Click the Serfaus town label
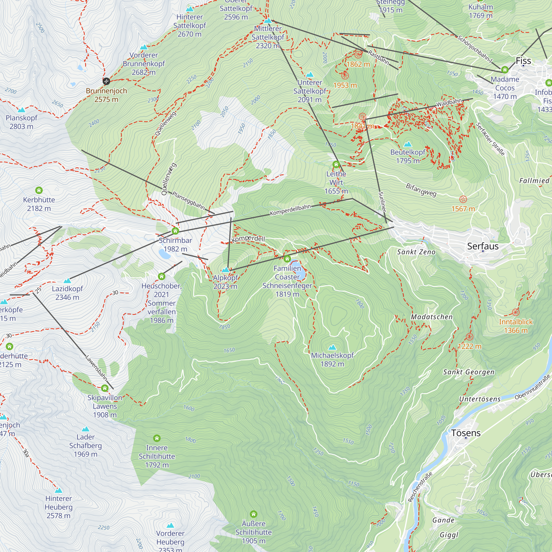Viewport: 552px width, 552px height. [x=482, y=246]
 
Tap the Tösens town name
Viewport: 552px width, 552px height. [x=466, y=433]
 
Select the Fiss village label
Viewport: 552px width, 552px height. [x=523, y=61]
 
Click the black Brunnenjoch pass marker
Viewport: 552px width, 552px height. [x=106, y=81]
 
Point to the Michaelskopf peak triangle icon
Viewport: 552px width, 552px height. [x=332, y=347]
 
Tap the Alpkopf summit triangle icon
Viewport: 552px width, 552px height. [x=225, y=270]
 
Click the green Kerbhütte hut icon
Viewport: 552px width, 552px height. [x=39, y=190]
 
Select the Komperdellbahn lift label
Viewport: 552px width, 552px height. [x=290, y=210]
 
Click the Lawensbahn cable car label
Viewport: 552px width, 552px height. [x=96, y=368]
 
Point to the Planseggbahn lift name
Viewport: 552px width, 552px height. [x=188, y=200]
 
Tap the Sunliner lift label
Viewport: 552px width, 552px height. [x=382, y=202]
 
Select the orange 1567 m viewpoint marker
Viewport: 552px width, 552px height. [x=463, y=200]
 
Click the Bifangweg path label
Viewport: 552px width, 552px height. [x=421, y=190]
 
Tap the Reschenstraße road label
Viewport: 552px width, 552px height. [x=420, y=487]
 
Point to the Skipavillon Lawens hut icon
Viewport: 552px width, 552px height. [x=105, y=388]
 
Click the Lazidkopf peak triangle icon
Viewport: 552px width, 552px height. [x=67, y=281]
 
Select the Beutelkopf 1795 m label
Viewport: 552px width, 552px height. [x=408, y=156]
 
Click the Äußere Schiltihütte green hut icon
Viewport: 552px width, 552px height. [x=253, y=514]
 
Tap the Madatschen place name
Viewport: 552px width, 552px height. [x=431, y=317]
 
